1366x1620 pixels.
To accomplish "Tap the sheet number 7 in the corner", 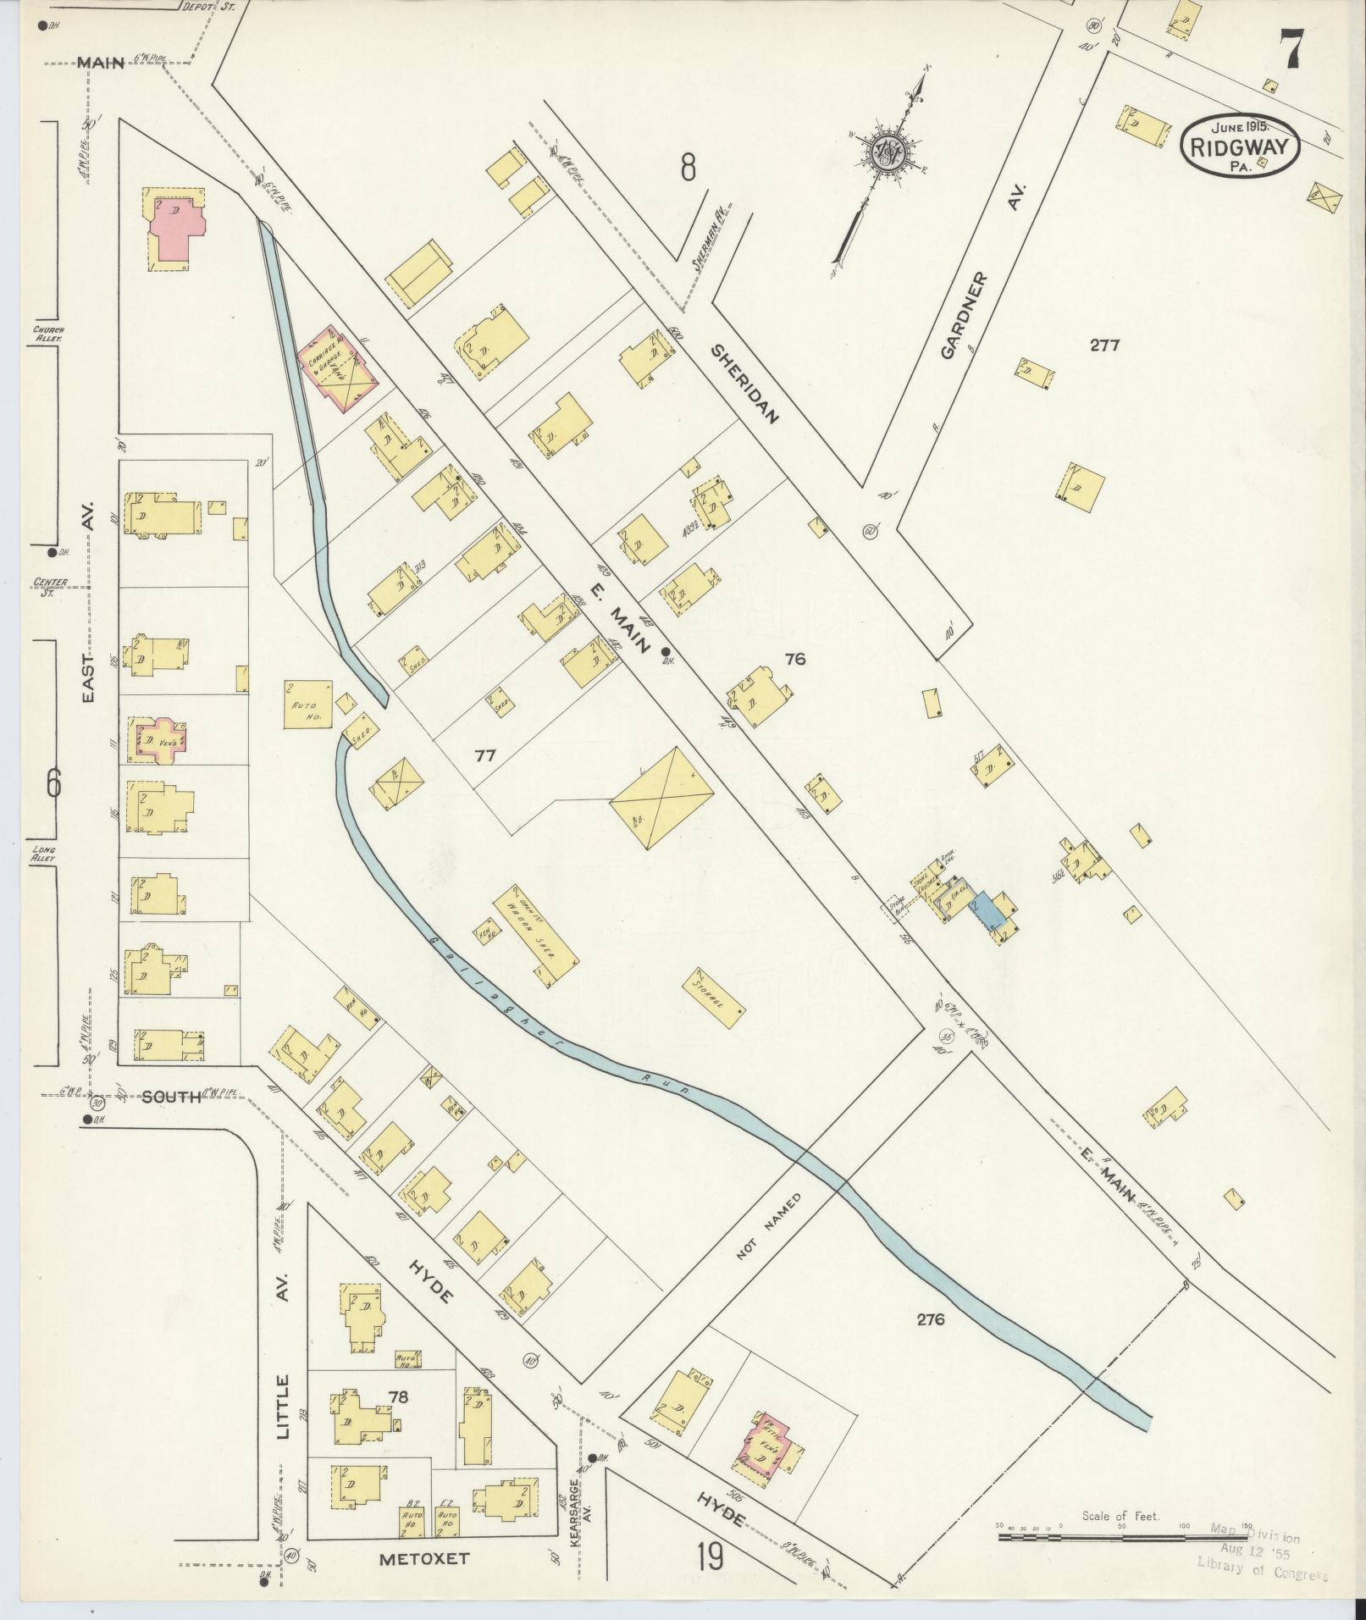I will click(x=1291, y=48).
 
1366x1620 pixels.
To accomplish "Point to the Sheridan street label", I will click(x=744, y=383).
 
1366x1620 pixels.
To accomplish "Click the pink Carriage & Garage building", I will click(x=338, y=368).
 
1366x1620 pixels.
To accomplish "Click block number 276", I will click(x=929, y=1342).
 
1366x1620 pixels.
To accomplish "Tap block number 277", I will click(x=1104, y=345).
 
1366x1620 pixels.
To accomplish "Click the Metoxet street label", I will click(x=423, y=1557).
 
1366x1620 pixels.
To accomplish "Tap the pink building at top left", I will click(x=177, y=229).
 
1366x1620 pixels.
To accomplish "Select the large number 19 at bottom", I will click(x=711, y=1556).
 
